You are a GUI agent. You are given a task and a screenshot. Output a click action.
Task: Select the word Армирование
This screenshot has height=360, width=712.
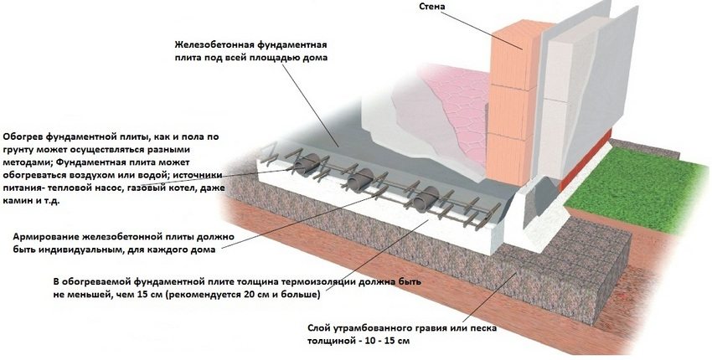pos(48,236)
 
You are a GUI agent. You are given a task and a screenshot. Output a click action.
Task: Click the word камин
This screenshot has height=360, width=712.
pos(18,203)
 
